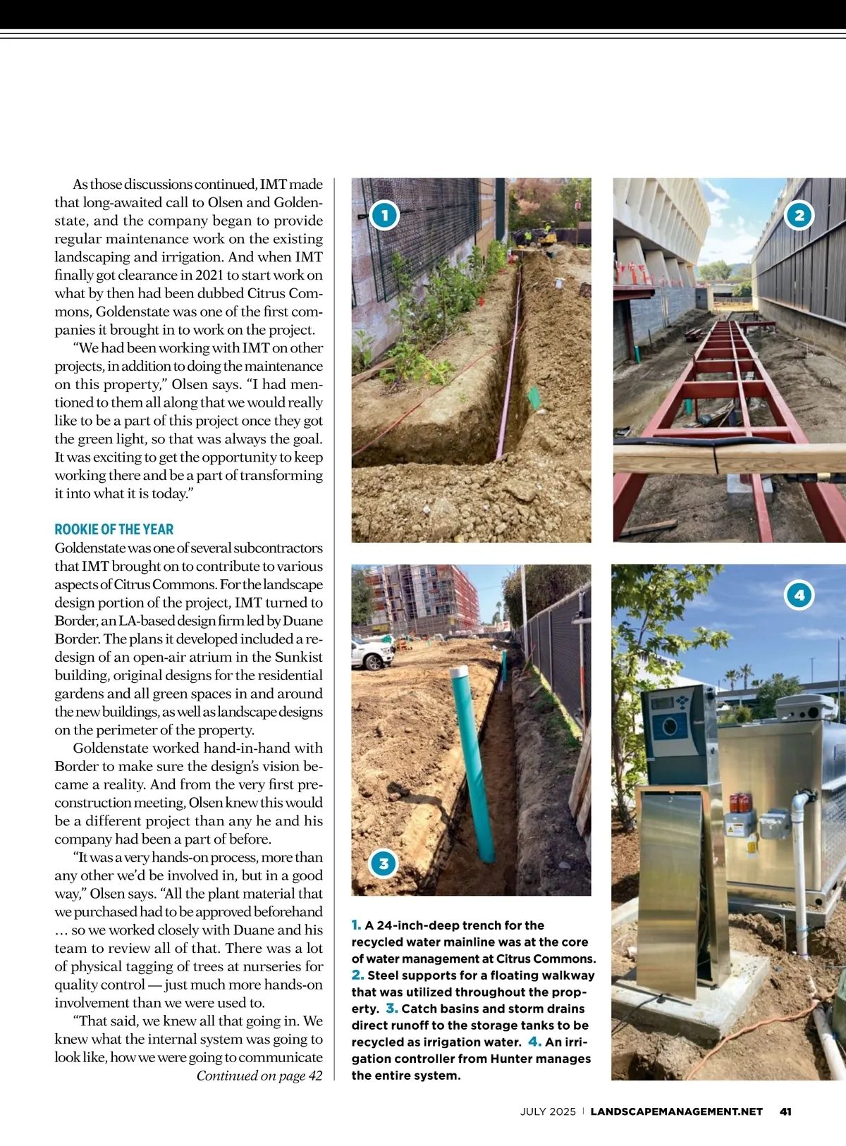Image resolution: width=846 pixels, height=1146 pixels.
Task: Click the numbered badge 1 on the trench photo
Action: [384, 215]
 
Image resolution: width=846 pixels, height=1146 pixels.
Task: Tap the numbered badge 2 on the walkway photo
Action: [799, 216]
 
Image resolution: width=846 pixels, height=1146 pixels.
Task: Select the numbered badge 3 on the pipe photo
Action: [384, 863]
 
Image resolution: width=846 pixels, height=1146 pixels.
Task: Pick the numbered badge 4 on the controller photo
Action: [799, 595]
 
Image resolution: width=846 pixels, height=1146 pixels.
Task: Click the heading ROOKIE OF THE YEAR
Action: [114, 529]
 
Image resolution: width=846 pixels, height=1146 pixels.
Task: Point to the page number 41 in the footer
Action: [785, 1111]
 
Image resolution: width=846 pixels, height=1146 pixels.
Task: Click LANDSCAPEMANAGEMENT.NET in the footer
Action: [676, 1111]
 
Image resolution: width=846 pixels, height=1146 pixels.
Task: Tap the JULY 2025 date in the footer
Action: [548, 1111]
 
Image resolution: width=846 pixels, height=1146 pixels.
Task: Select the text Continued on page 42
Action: [259, 1076]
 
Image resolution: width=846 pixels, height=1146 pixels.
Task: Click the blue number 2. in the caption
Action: [357, 975]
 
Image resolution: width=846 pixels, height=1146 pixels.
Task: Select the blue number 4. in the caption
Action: [534, 1042]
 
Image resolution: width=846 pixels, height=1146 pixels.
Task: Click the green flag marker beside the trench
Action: [534, 396]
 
